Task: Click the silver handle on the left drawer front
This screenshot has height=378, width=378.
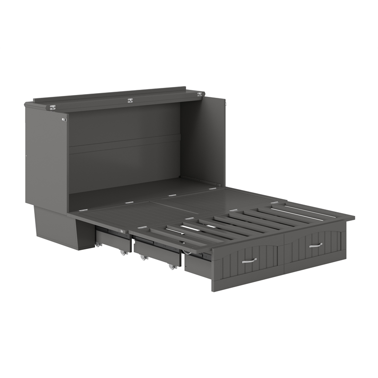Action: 249,260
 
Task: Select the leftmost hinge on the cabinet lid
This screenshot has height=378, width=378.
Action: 52,107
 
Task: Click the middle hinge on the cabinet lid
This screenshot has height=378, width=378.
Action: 130,100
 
